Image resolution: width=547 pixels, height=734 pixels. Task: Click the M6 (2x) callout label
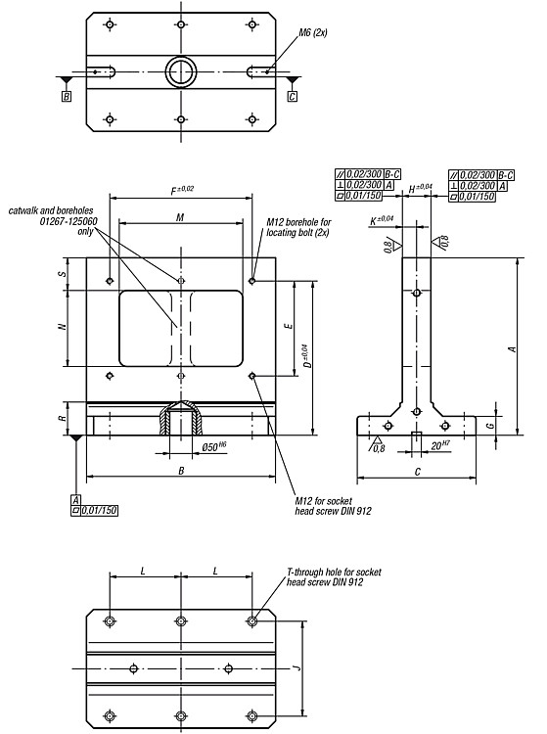point(313,32)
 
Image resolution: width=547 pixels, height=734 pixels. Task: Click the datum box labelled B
point(67,97)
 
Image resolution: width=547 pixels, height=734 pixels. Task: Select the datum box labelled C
point(292,97)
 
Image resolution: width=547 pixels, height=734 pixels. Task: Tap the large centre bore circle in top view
point(181,72)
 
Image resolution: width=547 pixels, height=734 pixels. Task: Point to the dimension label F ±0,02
point(182,190)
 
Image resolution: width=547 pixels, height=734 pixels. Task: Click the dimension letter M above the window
point(180,217)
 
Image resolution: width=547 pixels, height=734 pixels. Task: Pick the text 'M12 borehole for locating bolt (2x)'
point(298,227)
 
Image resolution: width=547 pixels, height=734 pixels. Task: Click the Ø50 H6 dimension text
point(214,446)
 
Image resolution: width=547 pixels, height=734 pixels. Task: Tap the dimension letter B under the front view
point(182,471)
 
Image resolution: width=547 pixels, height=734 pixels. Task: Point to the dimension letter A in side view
point(513,349)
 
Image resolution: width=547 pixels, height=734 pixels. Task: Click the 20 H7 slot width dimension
point(440,444)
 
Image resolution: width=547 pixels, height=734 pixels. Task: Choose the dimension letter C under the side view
point(418,472)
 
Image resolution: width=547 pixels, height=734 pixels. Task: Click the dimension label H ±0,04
point(420,188)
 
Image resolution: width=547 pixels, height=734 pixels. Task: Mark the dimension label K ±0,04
point(382,220)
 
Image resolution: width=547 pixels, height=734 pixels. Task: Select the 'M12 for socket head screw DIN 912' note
point(333,506)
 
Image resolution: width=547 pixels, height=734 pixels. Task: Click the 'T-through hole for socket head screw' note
point(334,577)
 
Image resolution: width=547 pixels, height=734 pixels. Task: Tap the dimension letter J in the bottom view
point(296,667)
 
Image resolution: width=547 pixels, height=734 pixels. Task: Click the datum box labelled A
point(75,499)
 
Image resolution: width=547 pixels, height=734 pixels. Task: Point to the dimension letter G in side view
point(489,426)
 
